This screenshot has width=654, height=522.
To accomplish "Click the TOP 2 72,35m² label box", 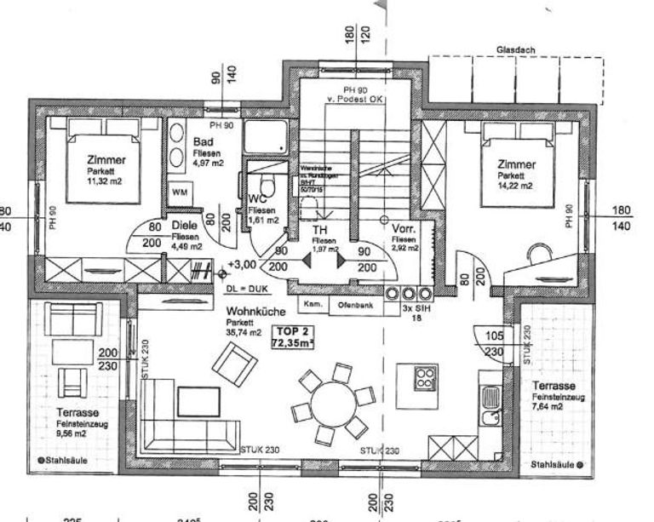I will [292, 336].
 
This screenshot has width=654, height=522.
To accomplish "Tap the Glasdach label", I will [515, 50].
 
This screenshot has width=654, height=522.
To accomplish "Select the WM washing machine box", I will [180, 192].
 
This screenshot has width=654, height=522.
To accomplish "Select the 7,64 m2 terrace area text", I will [549, 407].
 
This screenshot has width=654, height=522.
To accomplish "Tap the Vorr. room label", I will [404, 229].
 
